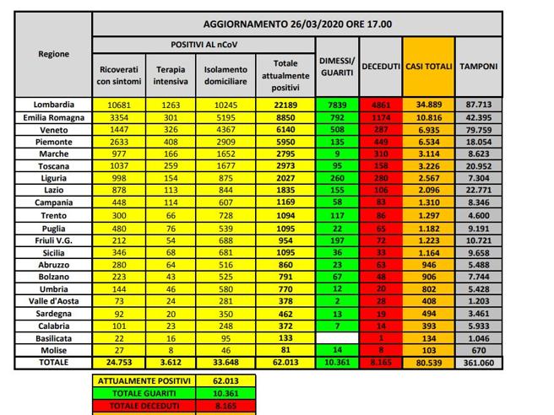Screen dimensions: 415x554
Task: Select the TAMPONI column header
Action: tap(478, 66)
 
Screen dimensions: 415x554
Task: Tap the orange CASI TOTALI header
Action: tap(429, 66)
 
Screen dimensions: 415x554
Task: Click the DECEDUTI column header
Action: tap(381, 66)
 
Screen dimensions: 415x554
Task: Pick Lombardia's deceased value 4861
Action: tap(381, 103)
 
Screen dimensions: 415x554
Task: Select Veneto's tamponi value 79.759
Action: tap(478, 130)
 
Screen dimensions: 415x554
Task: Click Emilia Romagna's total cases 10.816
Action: tap(429, 116)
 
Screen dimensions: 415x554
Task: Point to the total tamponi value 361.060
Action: tap(478, 363)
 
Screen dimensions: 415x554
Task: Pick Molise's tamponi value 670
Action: tap(478, 349)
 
